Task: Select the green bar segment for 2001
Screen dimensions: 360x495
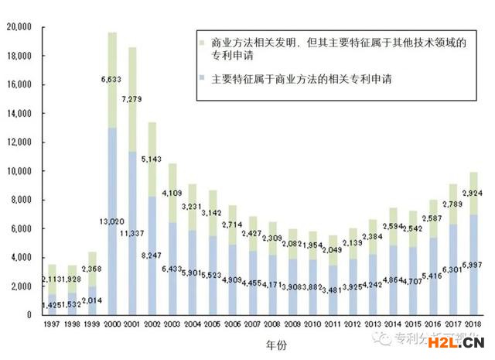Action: coord(133,101)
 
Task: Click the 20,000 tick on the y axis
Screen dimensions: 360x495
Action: coord(18,27)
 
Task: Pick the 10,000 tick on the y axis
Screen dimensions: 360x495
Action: coord(18,171)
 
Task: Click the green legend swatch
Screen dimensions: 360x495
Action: coord(202,43)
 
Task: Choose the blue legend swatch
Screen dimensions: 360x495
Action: coord(202,78)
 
